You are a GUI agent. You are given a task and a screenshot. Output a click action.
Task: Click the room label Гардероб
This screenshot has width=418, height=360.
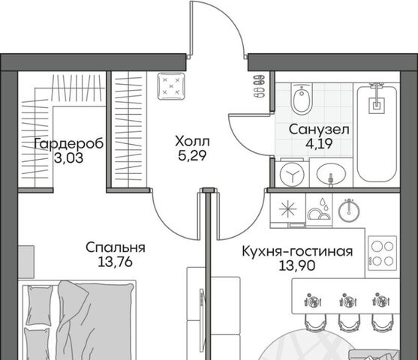coord(69,144)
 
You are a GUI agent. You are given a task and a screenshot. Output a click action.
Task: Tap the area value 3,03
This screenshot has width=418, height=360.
coord(69,158)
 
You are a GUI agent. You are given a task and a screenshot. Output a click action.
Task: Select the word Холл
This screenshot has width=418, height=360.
coord(192,142)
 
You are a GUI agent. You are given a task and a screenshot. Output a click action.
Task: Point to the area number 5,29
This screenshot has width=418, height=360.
coord(192,156)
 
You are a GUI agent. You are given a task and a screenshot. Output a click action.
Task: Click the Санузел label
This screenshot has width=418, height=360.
coord(319,130)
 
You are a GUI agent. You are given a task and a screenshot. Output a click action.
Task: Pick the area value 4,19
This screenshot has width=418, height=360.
coord(319,144)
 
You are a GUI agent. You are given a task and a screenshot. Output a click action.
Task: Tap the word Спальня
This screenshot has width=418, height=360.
coord(116,247)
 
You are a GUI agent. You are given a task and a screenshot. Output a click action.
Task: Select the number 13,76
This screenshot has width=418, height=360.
coord(115,262)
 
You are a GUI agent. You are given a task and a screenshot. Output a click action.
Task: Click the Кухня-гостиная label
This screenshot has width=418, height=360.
coord(297,251)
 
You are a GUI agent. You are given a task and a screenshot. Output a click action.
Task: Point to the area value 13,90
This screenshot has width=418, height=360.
coord(297,265)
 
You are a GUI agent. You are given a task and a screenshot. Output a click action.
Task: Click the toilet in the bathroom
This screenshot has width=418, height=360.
coord(302,98)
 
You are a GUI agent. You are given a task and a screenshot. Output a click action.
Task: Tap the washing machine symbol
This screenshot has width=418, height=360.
coord(292,174)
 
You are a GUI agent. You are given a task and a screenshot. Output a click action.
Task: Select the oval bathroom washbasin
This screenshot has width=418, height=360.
coord(331,174)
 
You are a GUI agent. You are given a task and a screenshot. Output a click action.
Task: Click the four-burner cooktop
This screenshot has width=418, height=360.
coord(382,253)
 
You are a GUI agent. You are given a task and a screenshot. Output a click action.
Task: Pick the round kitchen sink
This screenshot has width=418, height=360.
coord(349,210)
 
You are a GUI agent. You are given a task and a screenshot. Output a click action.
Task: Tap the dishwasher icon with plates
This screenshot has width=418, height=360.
coord(319,210)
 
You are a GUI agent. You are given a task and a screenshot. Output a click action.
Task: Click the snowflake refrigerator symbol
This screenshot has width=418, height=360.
coord(288,209)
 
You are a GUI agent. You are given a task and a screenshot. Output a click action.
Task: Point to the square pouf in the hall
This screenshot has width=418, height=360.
coord(171,86)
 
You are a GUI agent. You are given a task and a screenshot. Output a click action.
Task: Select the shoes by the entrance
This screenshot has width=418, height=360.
coord(259,86)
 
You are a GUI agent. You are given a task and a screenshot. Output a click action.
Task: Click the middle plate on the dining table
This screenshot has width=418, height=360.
coord(348,301)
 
